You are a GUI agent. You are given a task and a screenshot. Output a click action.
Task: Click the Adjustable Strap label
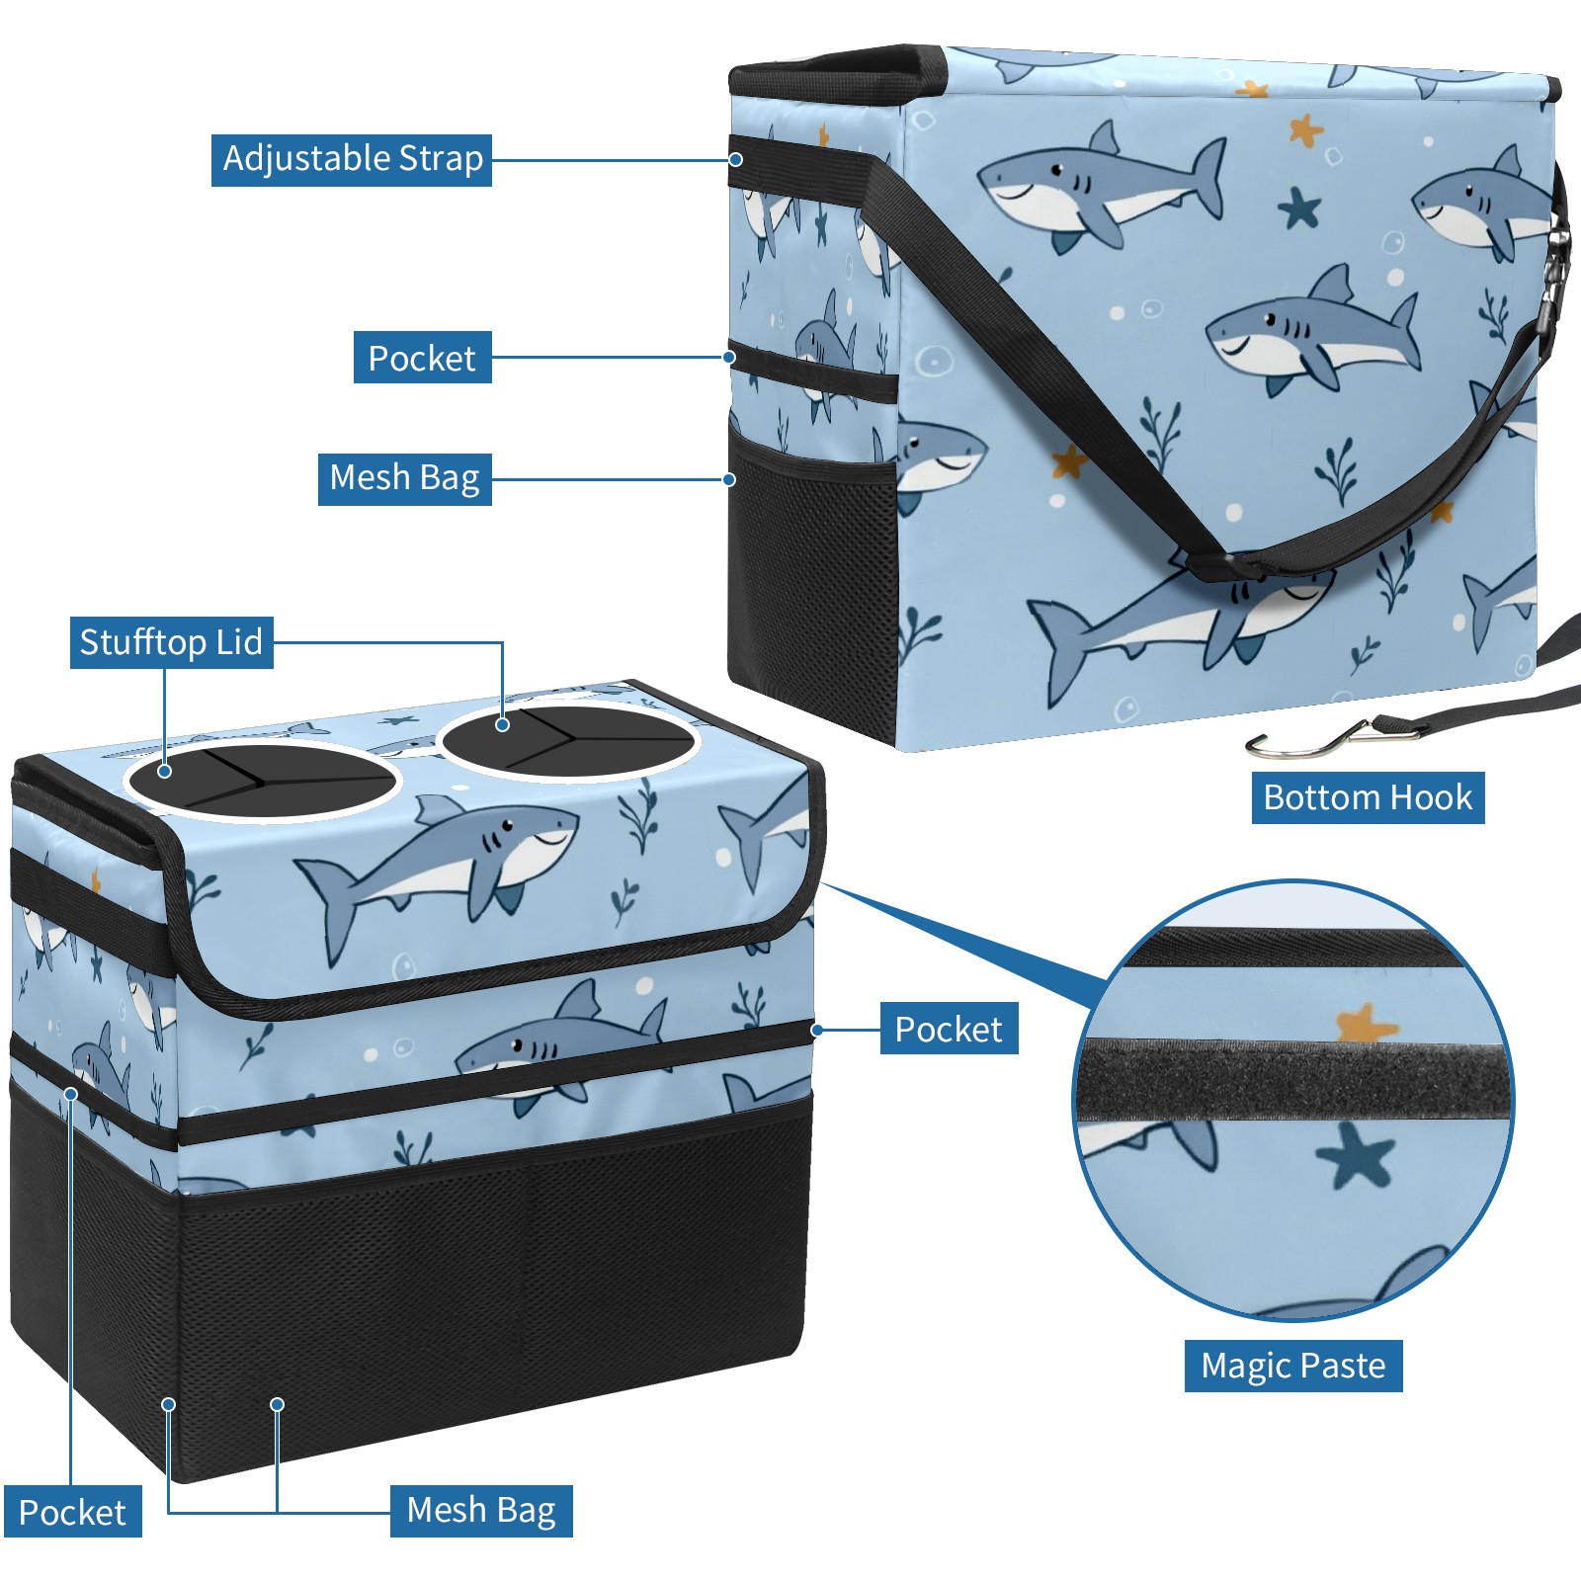point(352,159)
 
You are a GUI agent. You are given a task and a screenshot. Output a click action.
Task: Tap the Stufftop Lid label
point(171,642)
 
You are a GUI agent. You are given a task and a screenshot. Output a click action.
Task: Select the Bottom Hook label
point(1368,797)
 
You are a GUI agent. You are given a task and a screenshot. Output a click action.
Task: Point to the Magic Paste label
point(1293,1366)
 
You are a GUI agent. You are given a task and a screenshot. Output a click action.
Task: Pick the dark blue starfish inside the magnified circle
point(1356,1156)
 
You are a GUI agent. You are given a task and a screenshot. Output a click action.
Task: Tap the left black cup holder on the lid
point(262,781)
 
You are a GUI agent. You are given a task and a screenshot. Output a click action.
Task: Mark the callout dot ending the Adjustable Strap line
point(736,159)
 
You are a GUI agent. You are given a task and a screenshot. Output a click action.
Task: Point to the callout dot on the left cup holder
point(165,771)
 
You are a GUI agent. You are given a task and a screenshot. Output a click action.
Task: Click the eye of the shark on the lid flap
point(507,825)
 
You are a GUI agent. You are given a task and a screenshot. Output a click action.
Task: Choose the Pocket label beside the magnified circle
point(949,1030)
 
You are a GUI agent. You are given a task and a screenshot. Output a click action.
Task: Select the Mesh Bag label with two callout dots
point(481,1511)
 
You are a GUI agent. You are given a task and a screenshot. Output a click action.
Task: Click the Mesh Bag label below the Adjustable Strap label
point(405,479)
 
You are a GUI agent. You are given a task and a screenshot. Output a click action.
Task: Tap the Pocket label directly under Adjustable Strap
point(423,358)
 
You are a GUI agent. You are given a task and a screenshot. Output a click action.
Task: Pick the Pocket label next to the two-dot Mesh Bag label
point(72,1513)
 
